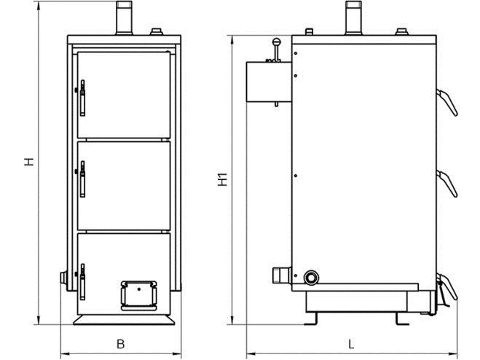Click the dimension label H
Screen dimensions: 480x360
click(x=29, y=162)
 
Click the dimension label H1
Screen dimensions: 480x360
click(x=223, y=179)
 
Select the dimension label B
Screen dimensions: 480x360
click(x=121, y=344)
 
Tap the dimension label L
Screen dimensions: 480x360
click(x=351, y=344)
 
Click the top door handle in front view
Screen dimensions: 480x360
click(x=82, y=98)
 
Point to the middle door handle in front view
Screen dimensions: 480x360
click(x=82, y=179)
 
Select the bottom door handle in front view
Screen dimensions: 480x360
click(x=82, y=281)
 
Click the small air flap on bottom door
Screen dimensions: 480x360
click(x=139, y=295)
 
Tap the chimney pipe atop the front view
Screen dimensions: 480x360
click(x=124, y=17)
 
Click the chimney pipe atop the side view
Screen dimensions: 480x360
click(x=354, y=17)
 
